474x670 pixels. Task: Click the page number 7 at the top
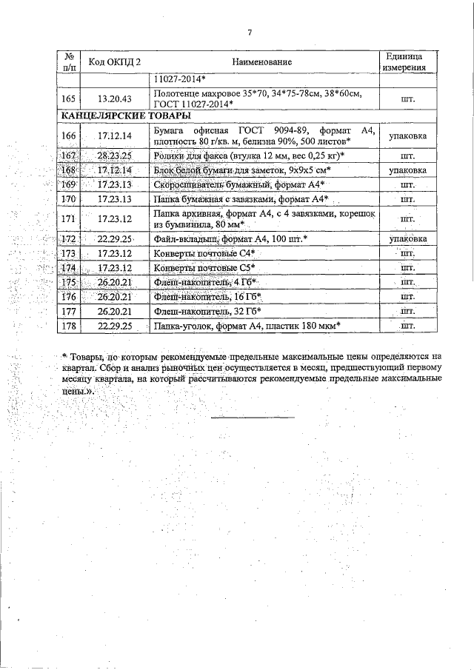[250, 32]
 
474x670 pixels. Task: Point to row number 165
[69, 98]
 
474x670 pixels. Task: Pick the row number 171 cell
[69, 218]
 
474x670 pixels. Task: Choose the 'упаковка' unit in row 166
[404, 136]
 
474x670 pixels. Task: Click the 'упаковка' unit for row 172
[404, 239]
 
